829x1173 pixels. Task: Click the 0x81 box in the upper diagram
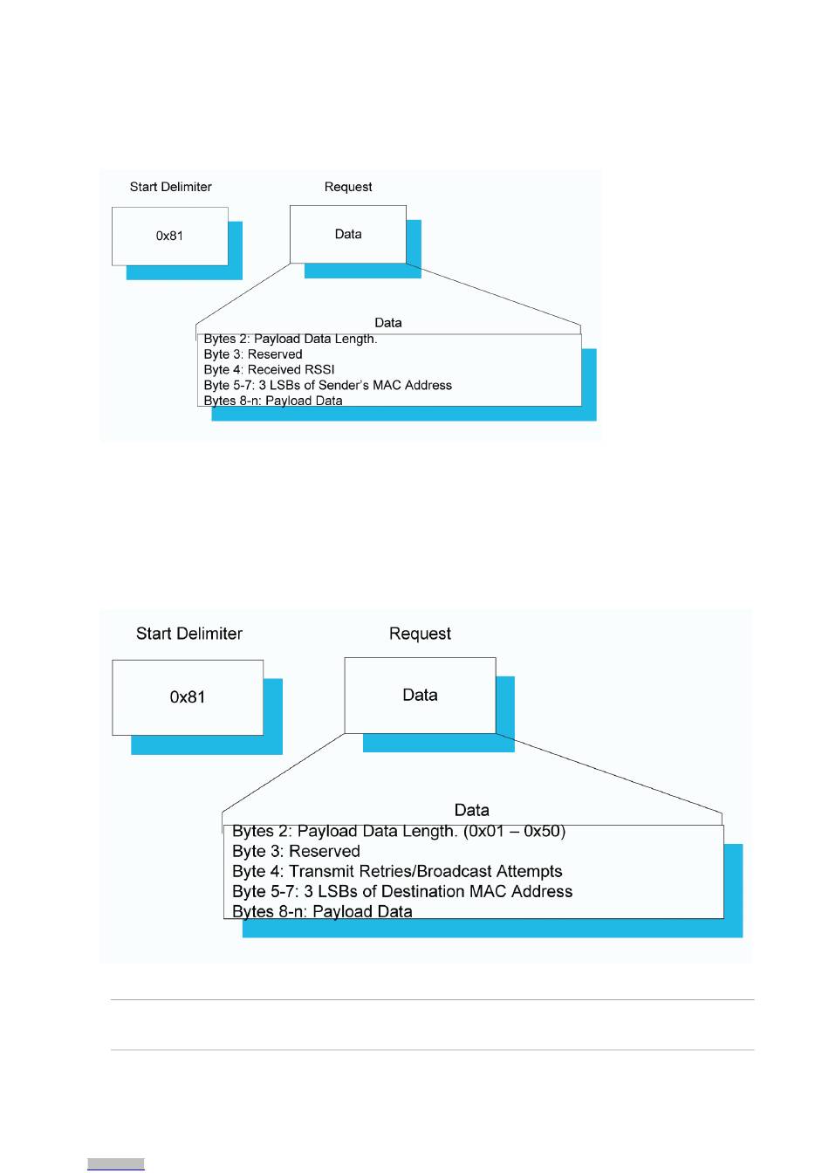(169, 237)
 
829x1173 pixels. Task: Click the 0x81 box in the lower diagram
(188, 697)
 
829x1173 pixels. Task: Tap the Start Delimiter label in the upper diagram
(171, 187)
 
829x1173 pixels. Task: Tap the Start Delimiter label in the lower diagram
(189, 634)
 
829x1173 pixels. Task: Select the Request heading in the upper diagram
(348, 187)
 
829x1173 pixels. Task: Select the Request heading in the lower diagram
(420, 635)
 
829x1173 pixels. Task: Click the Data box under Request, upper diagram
(348, 234)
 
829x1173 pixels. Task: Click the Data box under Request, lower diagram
(420, 696)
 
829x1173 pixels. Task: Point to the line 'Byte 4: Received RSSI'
(269, 370)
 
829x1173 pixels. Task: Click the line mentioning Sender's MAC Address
(328, 386)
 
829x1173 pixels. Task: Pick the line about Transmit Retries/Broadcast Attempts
(397, 871)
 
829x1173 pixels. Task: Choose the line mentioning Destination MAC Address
(402, 891)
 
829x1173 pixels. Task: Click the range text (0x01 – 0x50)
(514, 831)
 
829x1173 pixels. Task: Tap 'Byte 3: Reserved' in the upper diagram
(253, 354)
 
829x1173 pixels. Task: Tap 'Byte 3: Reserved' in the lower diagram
(296, 851)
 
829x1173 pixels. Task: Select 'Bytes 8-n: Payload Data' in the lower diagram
(322, 911)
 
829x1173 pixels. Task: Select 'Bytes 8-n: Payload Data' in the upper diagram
(273, 401)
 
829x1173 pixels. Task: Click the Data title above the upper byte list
(388, 323)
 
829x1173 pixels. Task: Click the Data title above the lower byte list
(472, 810)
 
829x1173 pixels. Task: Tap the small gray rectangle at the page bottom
(116, 1164)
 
